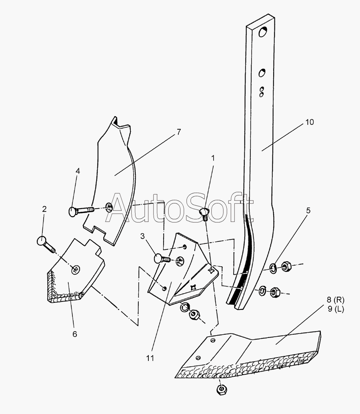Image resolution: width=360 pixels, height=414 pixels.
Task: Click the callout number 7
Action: pos(179,131)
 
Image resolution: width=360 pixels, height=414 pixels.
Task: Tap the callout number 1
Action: pos(213,158)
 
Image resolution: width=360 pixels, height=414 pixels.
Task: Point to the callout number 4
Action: pos(78,171)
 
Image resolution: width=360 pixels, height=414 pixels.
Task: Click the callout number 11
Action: pos(150,358)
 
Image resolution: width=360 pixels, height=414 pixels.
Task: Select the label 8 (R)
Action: pos(329,300)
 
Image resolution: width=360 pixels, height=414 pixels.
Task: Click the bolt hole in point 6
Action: pos(76,270)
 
